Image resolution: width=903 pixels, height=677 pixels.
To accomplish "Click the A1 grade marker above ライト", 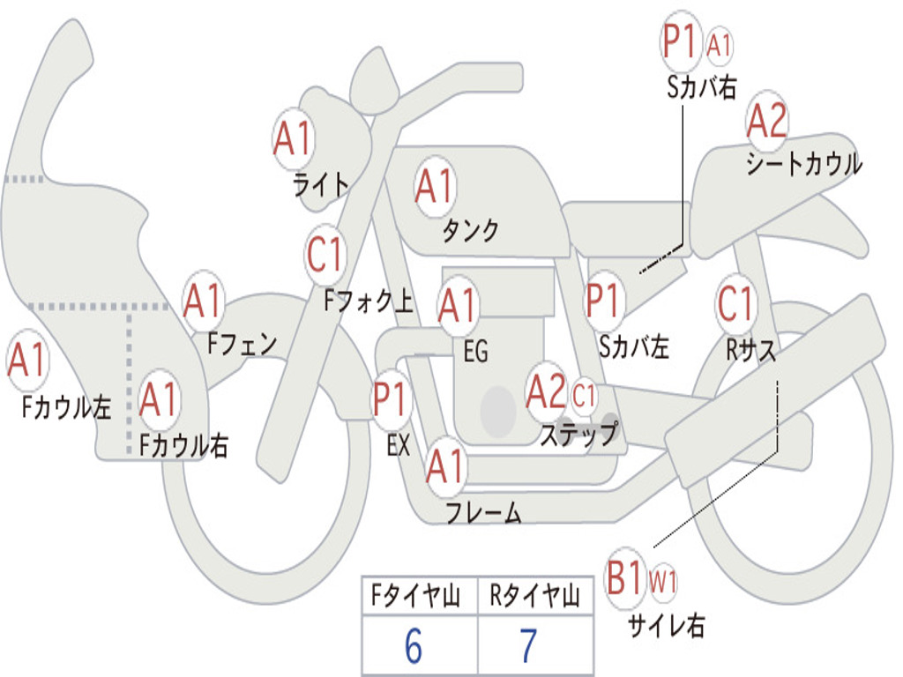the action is coord(293,138).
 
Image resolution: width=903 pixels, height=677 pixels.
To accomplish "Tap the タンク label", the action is coord(471,230).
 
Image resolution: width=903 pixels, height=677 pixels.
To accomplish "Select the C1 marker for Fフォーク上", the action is coord(325,254).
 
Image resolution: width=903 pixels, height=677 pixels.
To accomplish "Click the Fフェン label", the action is coord(243,344).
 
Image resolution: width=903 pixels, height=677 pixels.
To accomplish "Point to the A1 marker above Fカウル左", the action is coord(27,360).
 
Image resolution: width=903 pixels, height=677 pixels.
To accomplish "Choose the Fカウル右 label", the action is coord(184,445).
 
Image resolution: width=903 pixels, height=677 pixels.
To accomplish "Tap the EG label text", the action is coord(476,351).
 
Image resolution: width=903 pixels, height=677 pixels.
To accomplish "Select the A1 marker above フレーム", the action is coord(445,465).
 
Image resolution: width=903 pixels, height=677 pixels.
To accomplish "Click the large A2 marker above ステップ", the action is coord(546,392).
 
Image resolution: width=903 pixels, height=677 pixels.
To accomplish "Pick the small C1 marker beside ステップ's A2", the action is coord(584,396).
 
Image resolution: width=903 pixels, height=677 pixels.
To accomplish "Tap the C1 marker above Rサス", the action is coord(736,303).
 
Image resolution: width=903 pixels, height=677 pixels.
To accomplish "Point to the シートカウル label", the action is coord(804,163).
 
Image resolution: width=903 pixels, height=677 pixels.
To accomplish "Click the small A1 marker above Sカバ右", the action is coord(719,46).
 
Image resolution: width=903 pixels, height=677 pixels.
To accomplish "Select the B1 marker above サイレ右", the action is coord(625,577).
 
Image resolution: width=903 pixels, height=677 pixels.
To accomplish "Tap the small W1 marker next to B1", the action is coord(663,582).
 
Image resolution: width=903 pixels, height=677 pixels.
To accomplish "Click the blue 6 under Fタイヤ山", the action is coord(414,646).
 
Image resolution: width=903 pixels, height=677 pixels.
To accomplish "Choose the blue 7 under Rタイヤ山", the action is coord(529,646).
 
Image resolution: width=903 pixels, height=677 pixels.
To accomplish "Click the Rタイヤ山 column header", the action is coord(535,596).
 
